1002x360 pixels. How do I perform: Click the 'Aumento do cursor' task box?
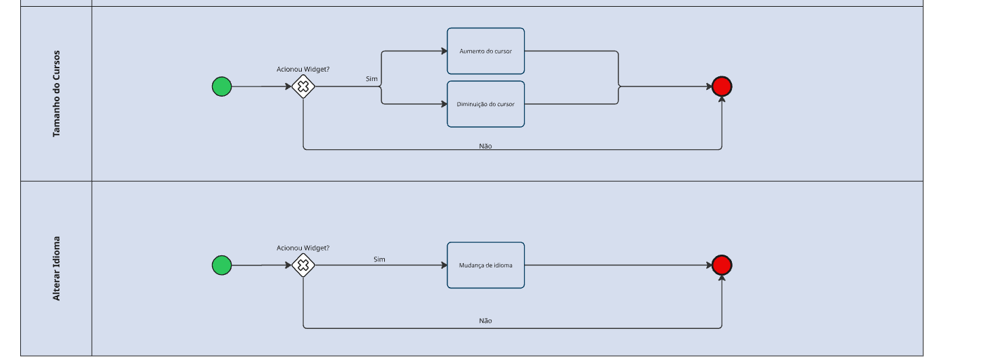(x=485, y=51)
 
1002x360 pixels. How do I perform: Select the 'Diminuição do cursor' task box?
(x=485, y=104)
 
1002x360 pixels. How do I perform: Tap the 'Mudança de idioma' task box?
(x=485, y=265)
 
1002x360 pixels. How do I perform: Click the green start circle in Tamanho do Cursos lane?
(x=221, y=86)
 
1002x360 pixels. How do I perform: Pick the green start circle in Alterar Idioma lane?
(x=221, y=265)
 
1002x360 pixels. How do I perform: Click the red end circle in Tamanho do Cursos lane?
(x=722, y=86)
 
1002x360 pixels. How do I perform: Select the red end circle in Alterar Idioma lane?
(x=722, y=265)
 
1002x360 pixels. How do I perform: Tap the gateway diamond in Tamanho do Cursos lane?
(x=303, y=86)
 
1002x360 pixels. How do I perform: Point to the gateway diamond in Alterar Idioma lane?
(x=303, y=265)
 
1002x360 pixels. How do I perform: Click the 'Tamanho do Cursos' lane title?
(x=57, y=94)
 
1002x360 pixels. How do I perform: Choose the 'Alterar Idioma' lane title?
(x=57, y=268)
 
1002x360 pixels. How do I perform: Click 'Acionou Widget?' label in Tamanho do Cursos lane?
(x=303, y=69)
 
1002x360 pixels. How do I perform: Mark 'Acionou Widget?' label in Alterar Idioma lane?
(x=303, y=248)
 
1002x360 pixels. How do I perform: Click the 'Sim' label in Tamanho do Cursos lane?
(x=371, y=79)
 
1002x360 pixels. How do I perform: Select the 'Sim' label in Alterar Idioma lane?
(x=379, y=259)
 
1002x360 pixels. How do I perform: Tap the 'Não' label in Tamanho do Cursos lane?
(x=485, y=146)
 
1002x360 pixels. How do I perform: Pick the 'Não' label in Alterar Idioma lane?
(x=485, y=321)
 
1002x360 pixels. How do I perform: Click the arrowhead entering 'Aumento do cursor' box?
(x=444, y=51)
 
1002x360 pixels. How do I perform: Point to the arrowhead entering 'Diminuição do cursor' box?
(x=444, y=104)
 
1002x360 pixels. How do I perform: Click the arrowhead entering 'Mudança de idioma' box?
(x=444, y=265)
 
